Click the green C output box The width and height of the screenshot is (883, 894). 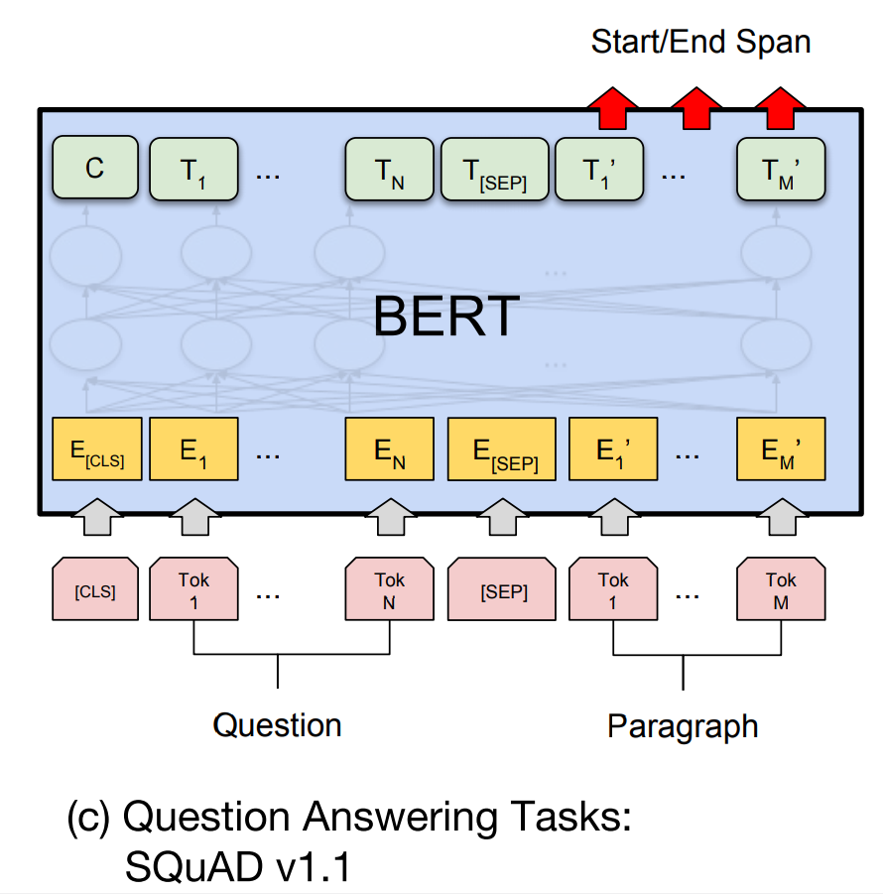pos(94,169)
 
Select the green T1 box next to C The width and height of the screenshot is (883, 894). pos(193,170)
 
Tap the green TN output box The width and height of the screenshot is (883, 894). pos(389,170)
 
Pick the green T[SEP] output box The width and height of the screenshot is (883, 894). pos(494,170)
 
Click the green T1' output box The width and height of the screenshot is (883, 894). pos(598,170)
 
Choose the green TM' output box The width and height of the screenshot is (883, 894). pos(781,170)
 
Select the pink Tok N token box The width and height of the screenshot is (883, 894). pos(389,591)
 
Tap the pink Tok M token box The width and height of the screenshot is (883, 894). pos(781,591)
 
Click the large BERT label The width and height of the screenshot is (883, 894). pos(445,317)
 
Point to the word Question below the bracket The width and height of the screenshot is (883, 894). pos(277,725)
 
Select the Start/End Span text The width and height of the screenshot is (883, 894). pos(700,42)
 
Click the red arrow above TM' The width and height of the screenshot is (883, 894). pos(781,107)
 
